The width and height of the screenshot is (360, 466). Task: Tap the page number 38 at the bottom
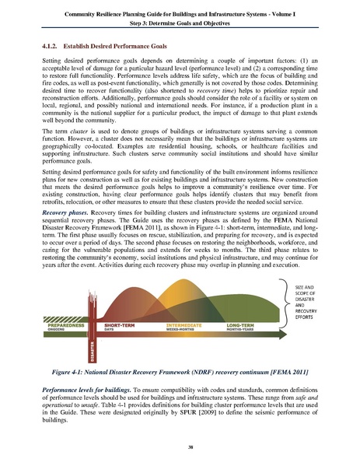(180, 446)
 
